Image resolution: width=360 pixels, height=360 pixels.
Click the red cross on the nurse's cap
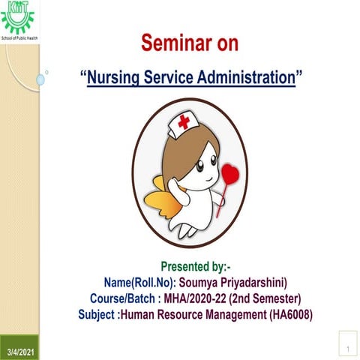(x=182, y=121)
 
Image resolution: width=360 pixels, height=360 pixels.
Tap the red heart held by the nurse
(x=231, y=174)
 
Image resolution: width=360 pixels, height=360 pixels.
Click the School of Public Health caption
(x=21, y=35)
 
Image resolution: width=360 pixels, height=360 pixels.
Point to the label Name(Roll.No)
(x=139, y=282)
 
